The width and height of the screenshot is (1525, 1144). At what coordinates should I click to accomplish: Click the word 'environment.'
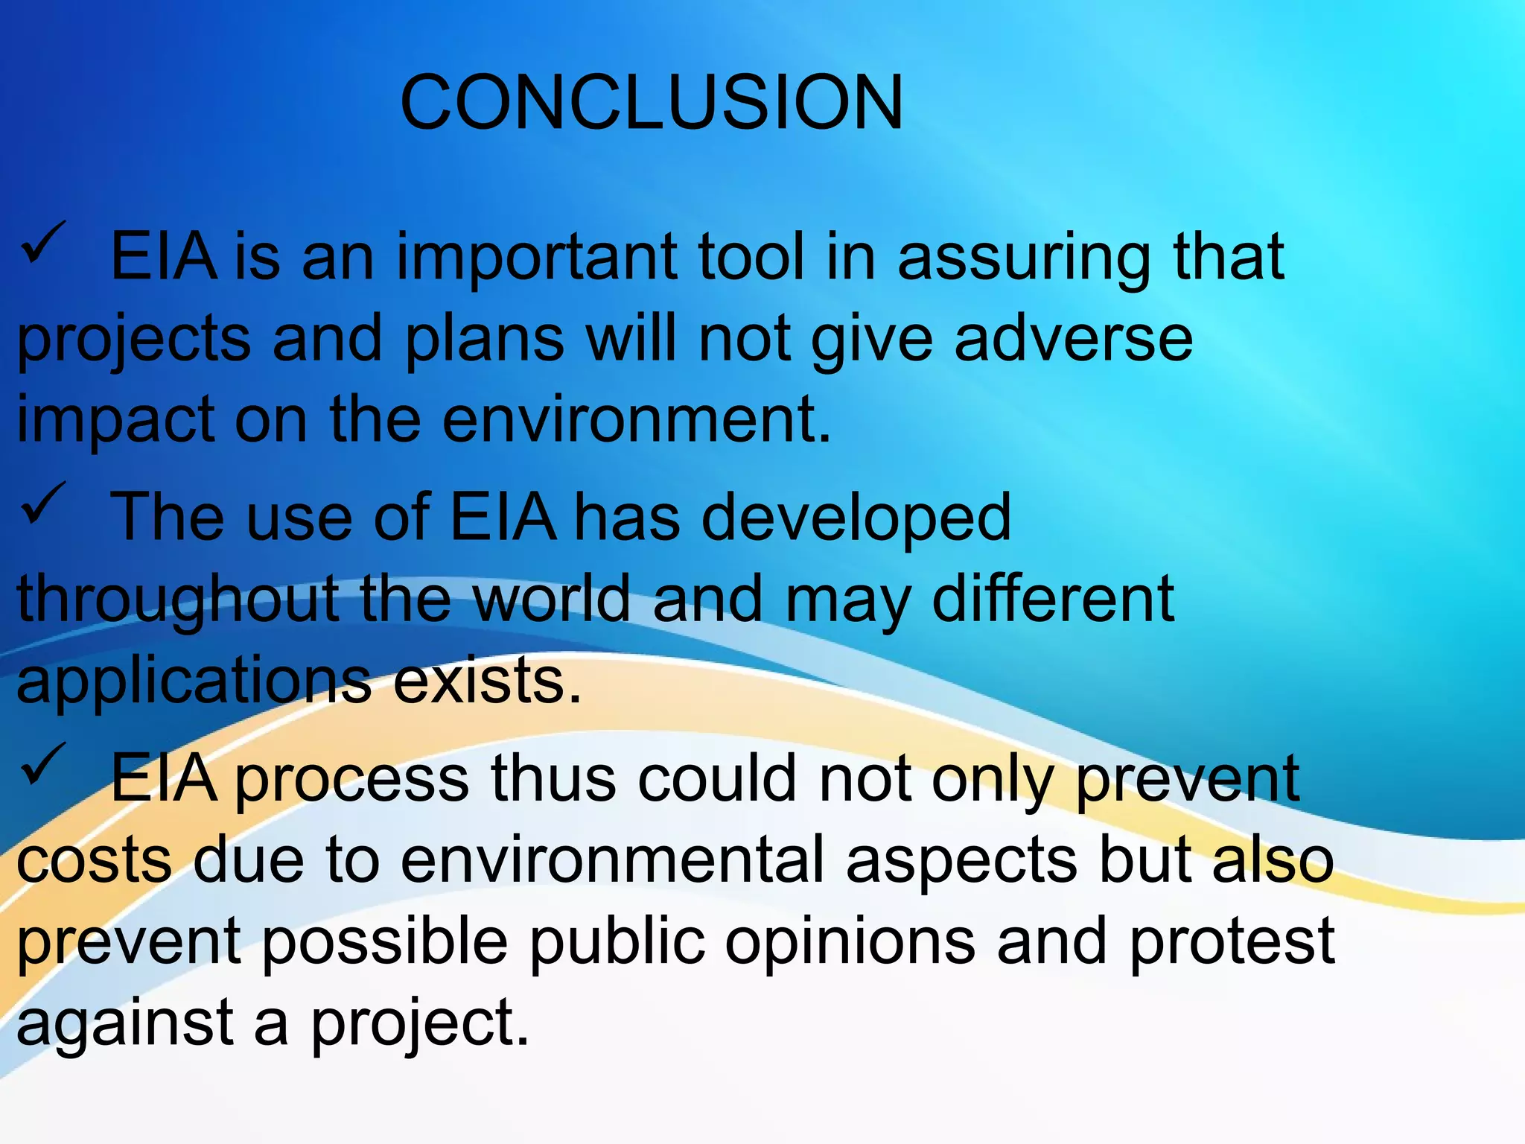[637, 420]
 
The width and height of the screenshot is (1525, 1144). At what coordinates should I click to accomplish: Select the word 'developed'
[856, 518]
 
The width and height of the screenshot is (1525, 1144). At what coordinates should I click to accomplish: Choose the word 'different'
[1053, 599]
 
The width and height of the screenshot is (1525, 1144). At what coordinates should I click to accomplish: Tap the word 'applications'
[194, 682]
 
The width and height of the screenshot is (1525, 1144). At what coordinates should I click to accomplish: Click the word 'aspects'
[961, 861]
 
